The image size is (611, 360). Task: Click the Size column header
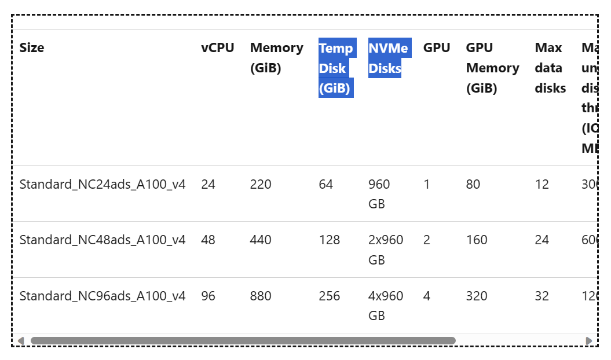[x=32, y=48]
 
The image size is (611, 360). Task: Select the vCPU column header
[x=218, y=48]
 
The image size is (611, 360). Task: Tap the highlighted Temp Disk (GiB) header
[x=336, y=68]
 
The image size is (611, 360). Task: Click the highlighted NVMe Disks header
[x=389, y=58]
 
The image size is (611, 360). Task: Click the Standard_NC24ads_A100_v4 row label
[x=103, y=185]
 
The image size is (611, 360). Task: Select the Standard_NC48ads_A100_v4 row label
[x=103, y=240]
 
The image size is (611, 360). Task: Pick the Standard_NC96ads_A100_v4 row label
[x=103, y=296]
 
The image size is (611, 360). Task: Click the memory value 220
[x=261, y=185]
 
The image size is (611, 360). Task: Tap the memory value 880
[x=261, y=296]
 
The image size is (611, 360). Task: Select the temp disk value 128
[x=330, y=240]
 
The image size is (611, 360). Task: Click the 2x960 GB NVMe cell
[x=386, y=250]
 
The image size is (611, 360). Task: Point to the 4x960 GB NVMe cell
[x=386, y=306]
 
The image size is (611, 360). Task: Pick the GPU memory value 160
[x=477, y=240]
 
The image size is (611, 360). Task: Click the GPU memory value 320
[x=477, y=296]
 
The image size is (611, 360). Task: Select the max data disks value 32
[x=542, y=296]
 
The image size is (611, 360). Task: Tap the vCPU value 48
[x=208, y=240]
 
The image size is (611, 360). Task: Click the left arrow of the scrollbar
[x=21, y=340]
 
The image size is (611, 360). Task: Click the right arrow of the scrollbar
[x=590, y=340]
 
